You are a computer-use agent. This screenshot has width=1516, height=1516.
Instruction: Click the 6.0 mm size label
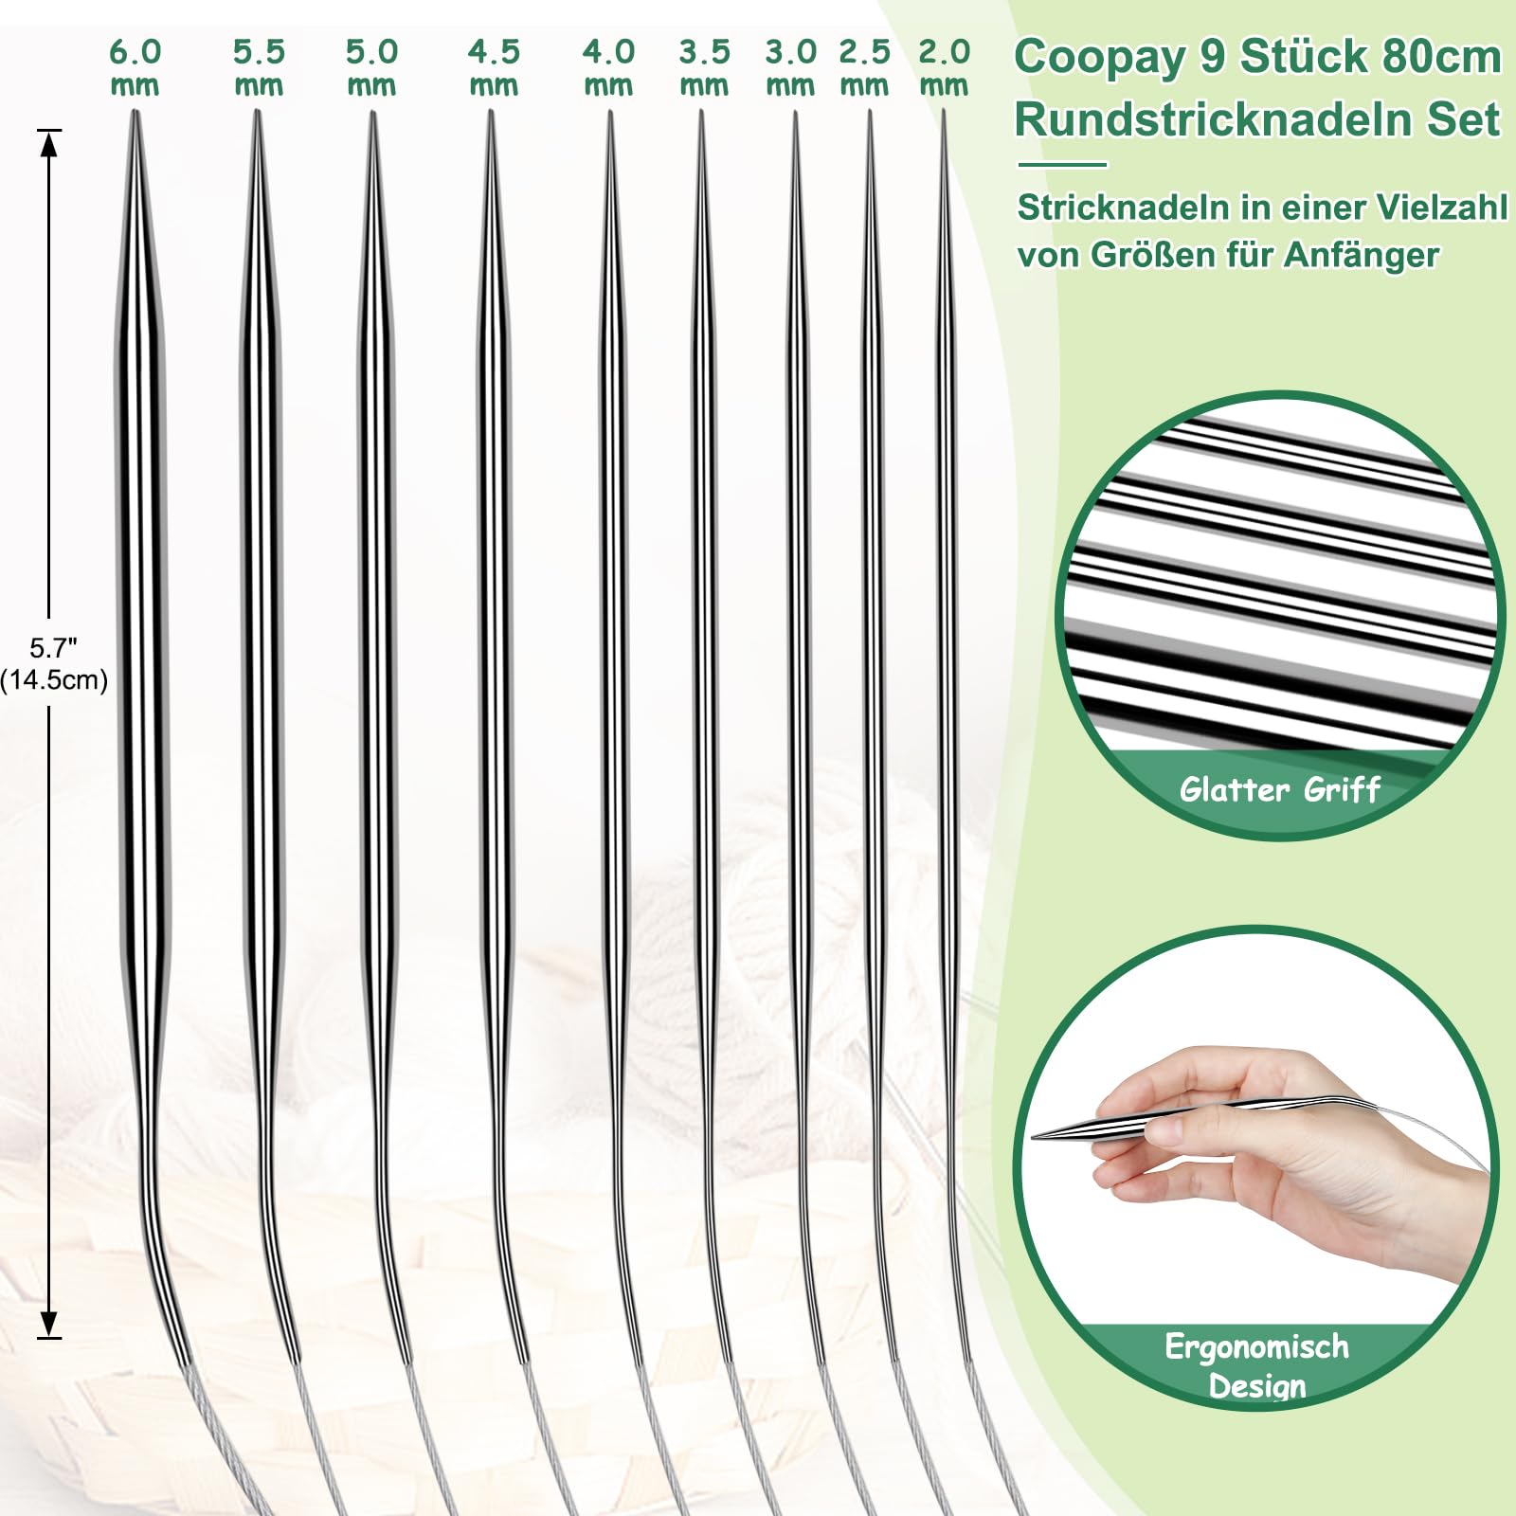pos(135,66)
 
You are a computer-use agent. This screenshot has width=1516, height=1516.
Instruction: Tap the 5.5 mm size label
pos(259,66)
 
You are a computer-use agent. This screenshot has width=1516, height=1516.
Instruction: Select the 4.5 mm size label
pos(494,66)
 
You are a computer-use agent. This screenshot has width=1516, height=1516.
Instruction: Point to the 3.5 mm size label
pos(704,66)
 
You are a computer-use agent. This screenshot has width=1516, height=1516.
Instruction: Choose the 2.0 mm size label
pos(944,66)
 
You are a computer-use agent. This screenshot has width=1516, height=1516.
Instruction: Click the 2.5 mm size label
pos(864,66)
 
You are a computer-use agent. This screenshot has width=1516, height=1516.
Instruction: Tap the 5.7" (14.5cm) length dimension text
pos(53,664)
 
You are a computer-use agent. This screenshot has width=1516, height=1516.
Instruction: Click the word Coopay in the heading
pos(1099,57)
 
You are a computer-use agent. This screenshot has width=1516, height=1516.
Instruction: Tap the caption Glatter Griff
pos(1279,789)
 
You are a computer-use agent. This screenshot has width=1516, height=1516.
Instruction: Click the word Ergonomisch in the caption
pos(1256,1346)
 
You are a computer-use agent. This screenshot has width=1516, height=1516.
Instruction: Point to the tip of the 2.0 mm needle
pos(944,116)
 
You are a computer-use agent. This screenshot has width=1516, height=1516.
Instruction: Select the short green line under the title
pos(1062,165)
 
